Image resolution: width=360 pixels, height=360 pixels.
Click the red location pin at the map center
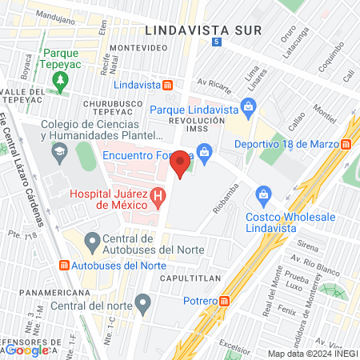coord(181,163)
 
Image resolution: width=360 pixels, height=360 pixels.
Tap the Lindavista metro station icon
coord(168,85)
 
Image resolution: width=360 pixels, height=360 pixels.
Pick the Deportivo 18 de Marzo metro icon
coord(346,144)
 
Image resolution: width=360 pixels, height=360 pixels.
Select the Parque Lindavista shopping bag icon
coord(249,106)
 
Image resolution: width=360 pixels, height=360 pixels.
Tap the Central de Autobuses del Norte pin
coord(92,240)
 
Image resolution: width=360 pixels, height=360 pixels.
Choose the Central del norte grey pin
coord(143,303)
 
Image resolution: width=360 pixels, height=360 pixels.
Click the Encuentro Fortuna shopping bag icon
coord(204,150)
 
